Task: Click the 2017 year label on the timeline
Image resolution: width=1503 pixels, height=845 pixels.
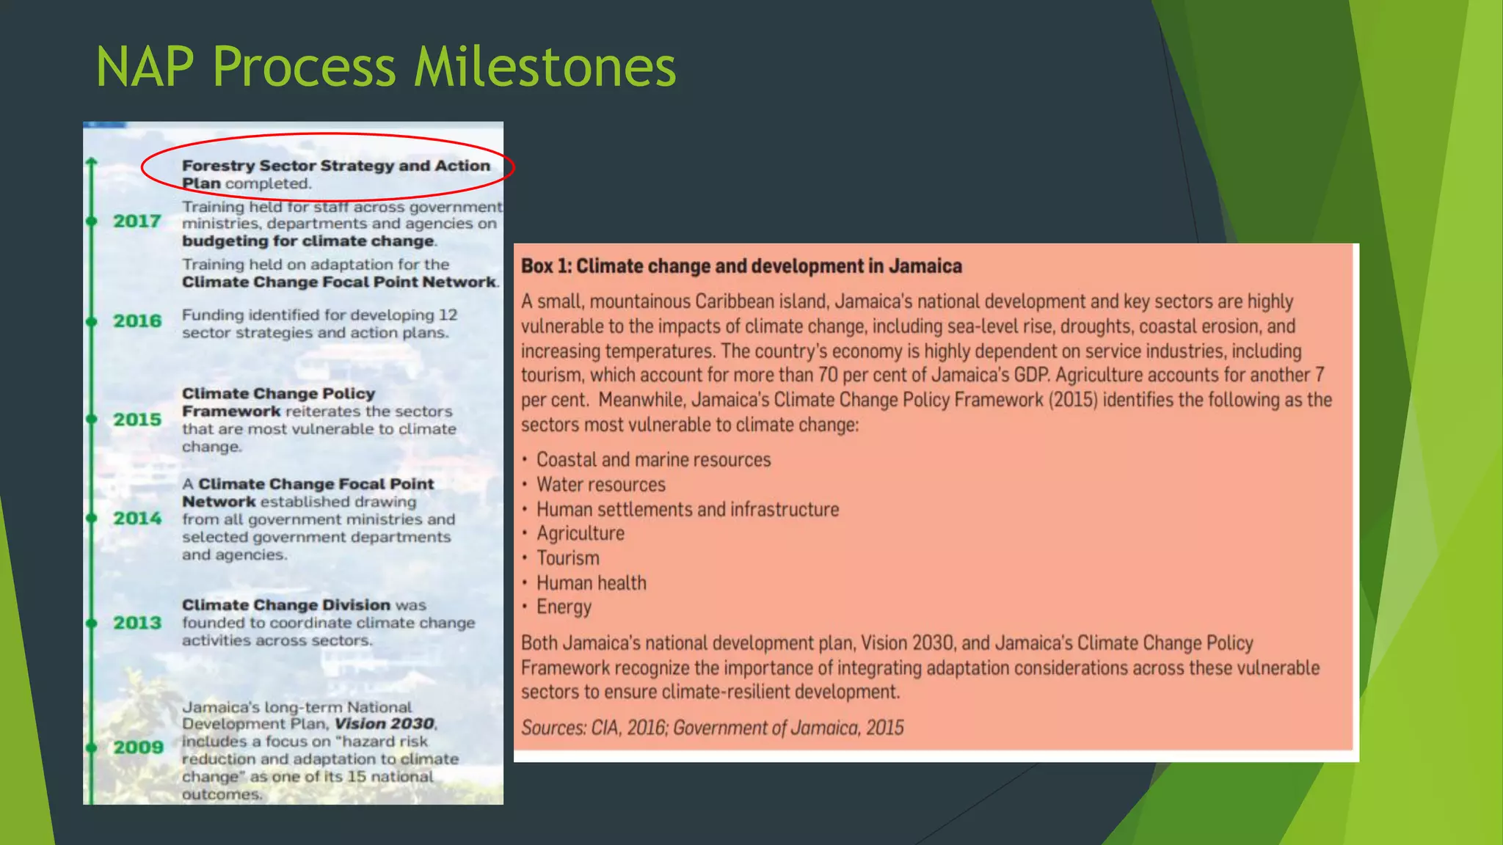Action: click(x=137, y=221)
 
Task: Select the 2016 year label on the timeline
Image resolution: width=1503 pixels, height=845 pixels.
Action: click(x=137, y=321)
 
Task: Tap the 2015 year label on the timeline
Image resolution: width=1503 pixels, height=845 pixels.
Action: click(x=137, y=420)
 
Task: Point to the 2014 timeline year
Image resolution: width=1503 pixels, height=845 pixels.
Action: click(x=137, y=518)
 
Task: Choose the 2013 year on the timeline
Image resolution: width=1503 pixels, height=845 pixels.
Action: click(x=137, y=623)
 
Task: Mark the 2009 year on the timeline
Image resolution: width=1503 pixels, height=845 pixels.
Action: click(x=138, y=747)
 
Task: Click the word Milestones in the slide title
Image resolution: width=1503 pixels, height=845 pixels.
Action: click(x=545, y=67)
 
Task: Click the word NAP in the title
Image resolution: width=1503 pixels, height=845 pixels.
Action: click(x=145, y=67)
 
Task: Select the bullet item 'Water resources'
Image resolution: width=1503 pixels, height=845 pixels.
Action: click(x=600, y=484)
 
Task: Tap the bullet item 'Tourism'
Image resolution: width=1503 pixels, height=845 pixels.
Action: click(x=567, y=558)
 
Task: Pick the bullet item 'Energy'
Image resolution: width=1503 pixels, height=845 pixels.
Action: click(x=564, y=607)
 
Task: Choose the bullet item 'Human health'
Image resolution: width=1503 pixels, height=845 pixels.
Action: click(x=591, y=583)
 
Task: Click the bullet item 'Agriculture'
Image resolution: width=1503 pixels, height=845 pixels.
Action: click(x=580, y=533)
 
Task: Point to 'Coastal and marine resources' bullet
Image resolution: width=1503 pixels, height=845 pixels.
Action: click(x=653, y=460)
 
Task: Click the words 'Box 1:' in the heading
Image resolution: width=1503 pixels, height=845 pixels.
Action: click(x=546, y=266)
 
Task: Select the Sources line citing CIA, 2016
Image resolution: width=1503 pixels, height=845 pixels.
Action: click(x=712, y=728)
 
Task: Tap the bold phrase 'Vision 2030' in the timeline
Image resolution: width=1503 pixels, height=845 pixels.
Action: click(x=384, y=724)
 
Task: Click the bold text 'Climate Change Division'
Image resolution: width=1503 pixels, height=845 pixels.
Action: click(x=286, y=605)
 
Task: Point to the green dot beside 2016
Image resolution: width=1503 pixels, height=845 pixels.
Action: click(x=92, y=321)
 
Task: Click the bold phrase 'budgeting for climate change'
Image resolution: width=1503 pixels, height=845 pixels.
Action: click(x=308, y=241)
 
